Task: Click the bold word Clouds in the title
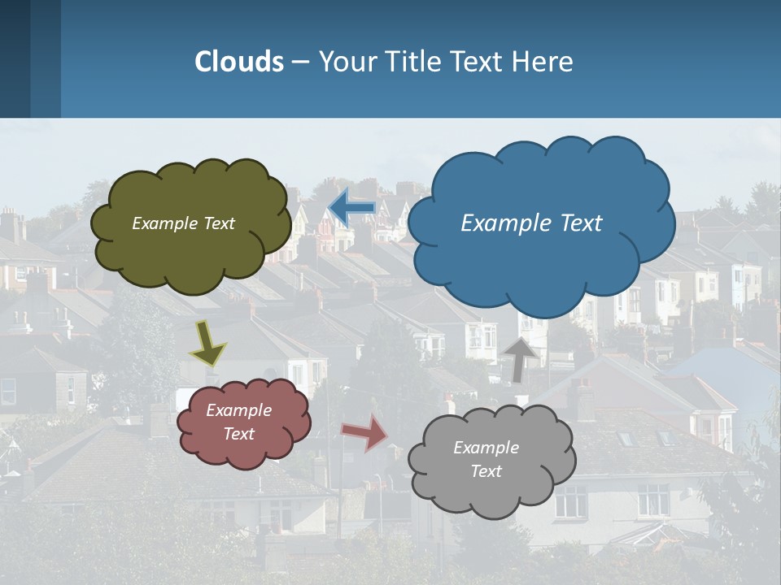239,61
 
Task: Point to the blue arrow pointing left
351,207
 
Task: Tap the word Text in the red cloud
239,434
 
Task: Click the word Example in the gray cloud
486,448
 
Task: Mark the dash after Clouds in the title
299,62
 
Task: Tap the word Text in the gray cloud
486,471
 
